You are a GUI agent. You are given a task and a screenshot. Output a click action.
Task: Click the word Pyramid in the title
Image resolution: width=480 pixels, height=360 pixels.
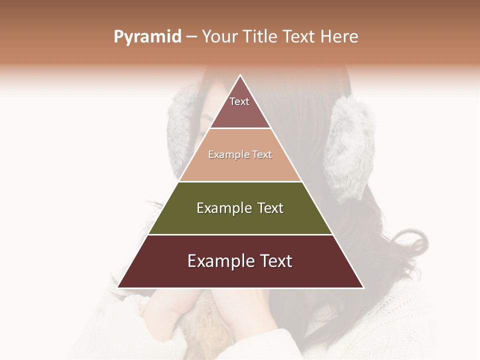[x=147, y=37]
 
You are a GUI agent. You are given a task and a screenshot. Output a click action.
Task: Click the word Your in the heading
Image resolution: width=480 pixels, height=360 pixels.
[x=219, y=37]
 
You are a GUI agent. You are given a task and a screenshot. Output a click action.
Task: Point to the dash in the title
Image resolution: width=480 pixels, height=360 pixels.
[x=191, y=37]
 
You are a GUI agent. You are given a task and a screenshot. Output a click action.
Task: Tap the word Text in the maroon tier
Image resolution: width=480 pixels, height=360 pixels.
[x=274, y=261]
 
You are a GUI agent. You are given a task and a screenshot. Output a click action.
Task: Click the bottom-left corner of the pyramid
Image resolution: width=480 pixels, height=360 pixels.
[x=118, y=287]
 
